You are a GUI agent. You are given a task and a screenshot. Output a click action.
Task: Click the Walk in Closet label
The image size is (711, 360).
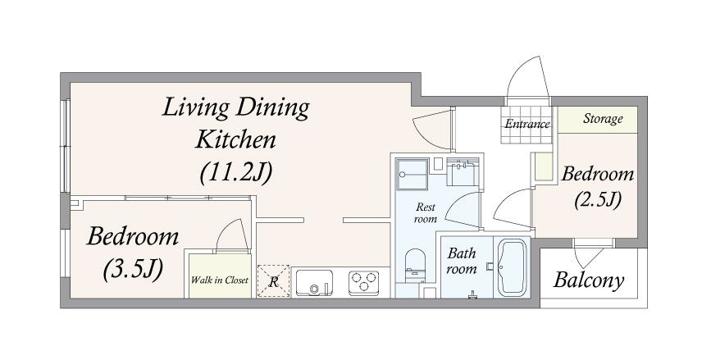point(220,280)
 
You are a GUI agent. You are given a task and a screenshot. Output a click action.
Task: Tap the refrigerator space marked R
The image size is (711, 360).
point(273,281)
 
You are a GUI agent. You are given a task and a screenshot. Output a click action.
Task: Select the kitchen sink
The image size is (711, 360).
point(314,283)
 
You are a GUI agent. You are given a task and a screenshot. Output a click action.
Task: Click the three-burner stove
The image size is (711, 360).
point(363,281)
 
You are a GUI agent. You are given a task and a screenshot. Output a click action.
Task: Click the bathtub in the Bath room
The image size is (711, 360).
point(512,267)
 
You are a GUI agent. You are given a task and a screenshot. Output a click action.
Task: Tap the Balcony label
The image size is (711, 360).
point(589,280)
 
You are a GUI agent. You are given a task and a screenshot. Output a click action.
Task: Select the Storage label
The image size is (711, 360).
point(603,119)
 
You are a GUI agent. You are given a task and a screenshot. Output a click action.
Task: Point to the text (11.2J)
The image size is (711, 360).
point(236,172)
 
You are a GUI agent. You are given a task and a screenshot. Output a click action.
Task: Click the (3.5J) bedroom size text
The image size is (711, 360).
point(133,270)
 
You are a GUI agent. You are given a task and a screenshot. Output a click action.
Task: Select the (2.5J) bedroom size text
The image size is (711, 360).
point(597,200)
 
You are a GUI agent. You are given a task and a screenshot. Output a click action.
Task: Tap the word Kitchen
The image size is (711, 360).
point(235,139)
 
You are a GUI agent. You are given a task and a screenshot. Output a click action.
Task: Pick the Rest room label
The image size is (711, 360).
point(426,213)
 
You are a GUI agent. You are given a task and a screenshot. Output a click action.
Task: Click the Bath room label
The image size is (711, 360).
point(462,261)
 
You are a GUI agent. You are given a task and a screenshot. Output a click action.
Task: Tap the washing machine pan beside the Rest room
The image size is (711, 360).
point(412,175)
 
